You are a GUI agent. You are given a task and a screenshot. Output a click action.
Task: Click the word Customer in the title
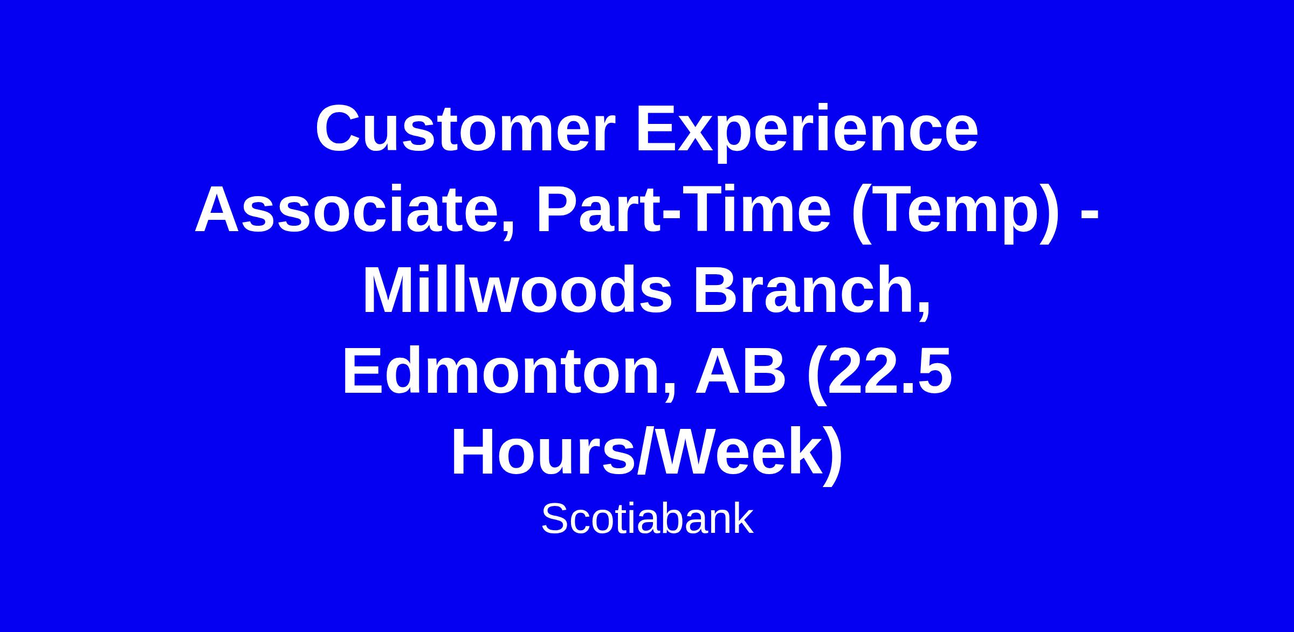pos(465,129)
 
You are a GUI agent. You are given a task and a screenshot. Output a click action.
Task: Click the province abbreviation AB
pos(740,371)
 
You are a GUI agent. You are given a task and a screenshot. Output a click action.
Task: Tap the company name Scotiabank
pos(647,519)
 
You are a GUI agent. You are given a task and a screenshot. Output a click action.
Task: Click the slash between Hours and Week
pos(643,452)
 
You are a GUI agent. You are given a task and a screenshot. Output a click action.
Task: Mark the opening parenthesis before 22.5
pos(815,374)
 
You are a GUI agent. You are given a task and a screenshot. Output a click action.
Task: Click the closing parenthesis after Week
pos(834,455)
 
